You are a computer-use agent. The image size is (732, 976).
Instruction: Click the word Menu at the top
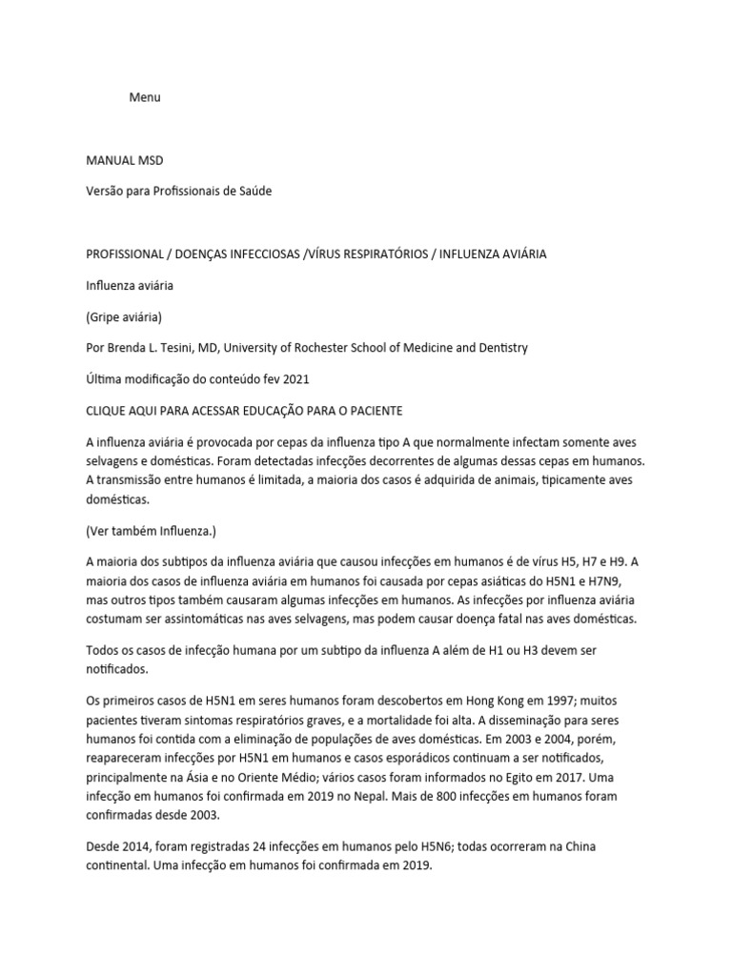click(x=145, y=97)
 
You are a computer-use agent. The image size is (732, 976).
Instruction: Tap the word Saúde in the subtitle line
click(x=254, y=192)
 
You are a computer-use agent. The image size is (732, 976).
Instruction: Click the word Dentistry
click(x=500, y=348)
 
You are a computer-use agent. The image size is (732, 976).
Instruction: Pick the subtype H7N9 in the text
click(x=599, y=580)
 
